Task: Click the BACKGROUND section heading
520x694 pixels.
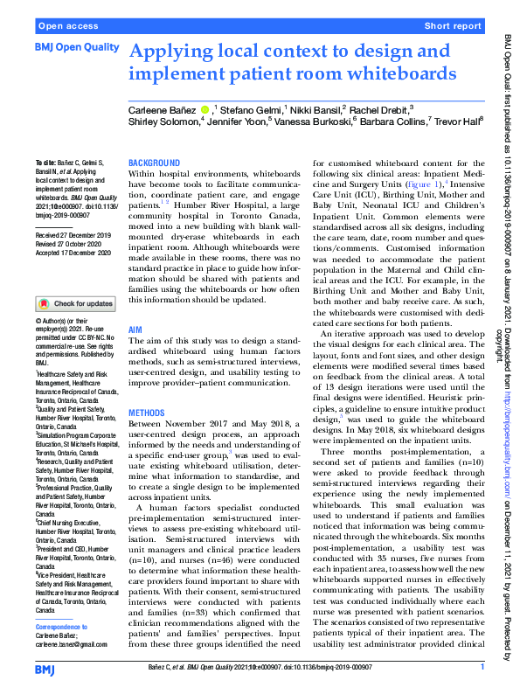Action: tap(154, 163)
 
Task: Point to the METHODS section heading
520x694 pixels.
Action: tap(148, 411)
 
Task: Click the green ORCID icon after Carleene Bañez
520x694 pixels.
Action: tap(205, 110)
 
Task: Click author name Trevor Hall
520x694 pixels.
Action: tap(458, 121)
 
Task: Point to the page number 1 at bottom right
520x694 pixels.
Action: tap(482, 668)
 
